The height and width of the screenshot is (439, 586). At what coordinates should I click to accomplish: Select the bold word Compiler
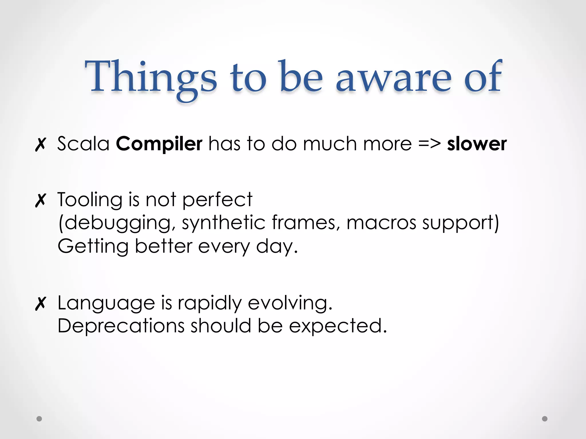tap(159, 144)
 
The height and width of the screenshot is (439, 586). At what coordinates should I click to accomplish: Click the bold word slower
tap(477, 144)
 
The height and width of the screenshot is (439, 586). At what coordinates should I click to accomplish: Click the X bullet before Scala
tap(40, 145)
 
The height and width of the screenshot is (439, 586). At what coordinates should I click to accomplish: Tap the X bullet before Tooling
tap(40, 200)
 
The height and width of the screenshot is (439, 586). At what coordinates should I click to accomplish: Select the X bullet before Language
tap(40, 304)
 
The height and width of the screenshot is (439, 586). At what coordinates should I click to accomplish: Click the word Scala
tap(83, 143)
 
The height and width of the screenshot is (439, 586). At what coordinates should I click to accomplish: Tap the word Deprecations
tap(121, 326)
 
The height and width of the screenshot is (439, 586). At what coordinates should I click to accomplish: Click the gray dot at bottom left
tap(39, 419)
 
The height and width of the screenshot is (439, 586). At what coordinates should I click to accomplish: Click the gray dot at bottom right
tap(545, 419)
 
